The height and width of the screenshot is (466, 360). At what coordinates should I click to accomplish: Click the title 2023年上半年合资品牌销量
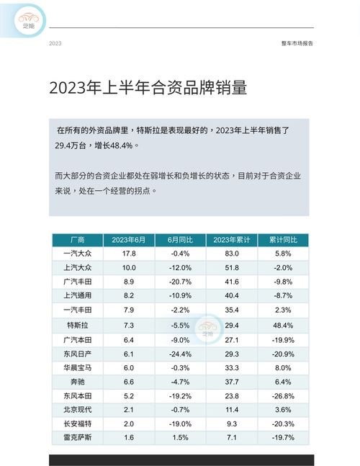[x=148, y=88]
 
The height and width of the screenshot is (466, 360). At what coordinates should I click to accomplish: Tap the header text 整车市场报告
[x=297, y=43]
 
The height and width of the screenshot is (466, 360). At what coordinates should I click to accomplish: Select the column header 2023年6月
[x=129, y=240]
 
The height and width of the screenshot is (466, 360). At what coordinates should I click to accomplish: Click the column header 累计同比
[x=283, y=240]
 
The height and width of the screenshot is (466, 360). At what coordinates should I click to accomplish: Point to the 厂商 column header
[x=77, y=240]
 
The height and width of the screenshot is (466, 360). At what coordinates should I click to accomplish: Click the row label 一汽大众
[x=77, y=254]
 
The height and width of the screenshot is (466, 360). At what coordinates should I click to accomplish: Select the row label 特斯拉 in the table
[x=77, y=326]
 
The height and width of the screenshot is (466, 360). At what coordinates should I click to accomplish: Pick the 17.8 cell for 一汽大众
[x=129, y=254]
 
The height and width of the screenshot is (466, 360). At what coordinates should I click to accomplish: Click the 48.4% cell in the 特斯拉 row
[x=283, y=326]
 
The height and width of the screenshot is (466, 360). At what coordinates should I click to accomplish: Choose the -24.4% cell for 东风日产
[x=181, y=354]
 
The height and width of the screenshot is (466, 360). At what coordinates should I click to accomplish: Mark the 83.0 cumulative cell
[x=231, y=254]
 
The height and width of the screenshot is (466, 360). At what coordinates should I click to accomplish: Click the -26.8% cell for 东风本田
[x=283, y=396]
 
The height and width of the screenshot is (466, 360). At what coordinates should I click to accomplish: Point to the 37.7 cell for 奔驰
[x=231, y=382]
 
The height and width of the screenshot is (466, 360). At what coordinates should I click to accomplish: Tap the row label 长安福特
[x=77, y=424]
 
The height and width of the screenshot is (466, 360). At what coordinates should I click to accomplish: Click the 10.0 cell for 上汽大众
[x=129, y=269]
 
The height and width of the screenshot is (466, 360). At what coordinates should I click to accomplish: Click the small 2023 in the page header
[x=55, y=43]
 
